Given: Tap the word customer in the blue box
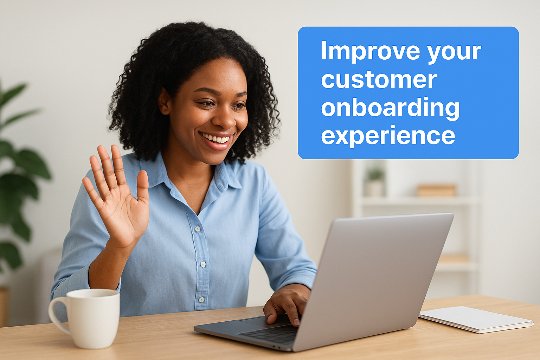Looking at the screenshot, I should click(379, 80).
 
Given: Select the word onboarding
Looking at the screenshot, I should click(390, 108).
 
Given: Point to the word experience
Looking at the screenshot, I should click(388, 136).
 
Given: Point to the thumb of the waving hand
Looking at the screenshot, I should click(143, 186).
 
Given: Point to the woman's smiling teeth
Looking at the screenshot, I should click(217, 139).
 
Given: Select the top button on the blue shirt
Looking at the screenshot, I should click(198, 229).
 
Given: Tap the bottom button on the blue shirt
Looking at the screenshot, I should click(201, 300).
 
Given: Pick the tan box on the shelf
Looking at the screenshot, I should click(437, 190).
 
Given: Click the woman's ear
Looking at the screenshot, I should click(164, 102).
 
